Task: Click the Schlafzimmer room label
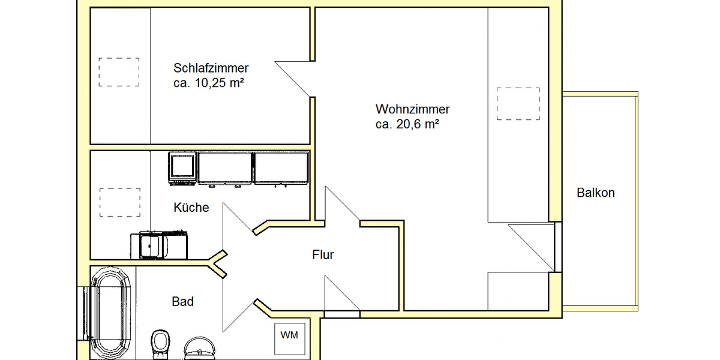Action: click(211, 68)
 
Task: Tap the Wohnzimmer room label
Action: click(412, 110)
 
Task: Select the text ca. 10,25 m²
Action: click(208, 83)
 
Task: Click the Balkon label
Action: click(595, 193)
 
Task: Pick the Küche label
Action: click(191, 208)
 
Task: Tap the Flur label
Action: click(323, 255)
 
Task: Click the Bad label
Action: click(182, 302)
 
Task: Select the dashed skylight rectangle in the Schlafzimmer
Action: click(119, 72)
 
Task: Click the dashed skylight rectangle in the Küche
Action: click(119, 202)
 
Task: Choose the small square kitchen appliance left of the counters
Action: click(182, 167)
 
